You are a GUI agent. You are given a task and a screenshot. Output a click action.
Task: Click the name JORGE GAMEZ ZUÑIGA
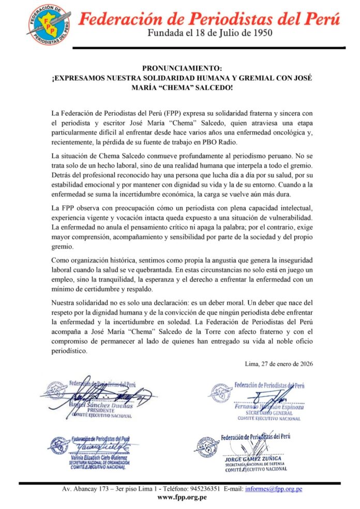point(257,459)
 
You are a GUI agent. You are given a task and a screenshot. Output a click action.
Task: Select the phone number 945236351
point(219,488)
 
